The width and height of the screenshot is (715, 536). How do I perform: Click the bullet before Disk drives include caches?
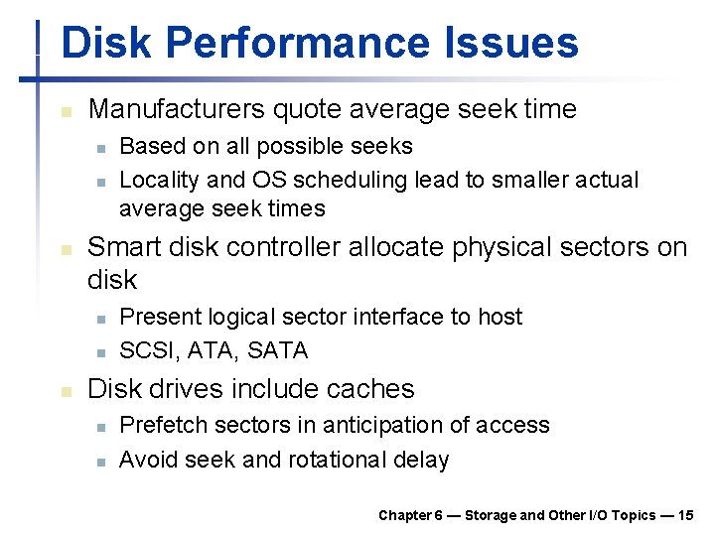coord(65,391)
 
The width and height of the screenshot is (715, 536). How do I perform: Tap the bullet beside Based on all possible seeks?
coord(100,148)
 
